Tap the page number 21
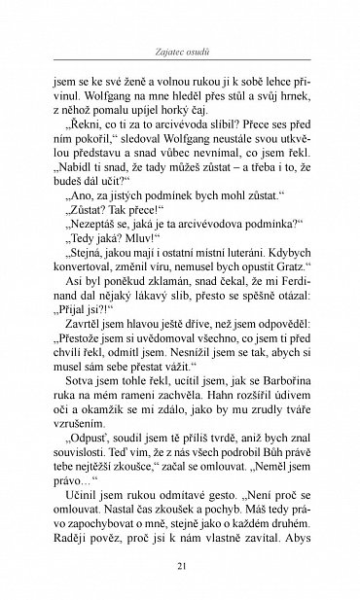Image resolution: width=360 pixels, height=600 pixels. click(180, 565)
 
